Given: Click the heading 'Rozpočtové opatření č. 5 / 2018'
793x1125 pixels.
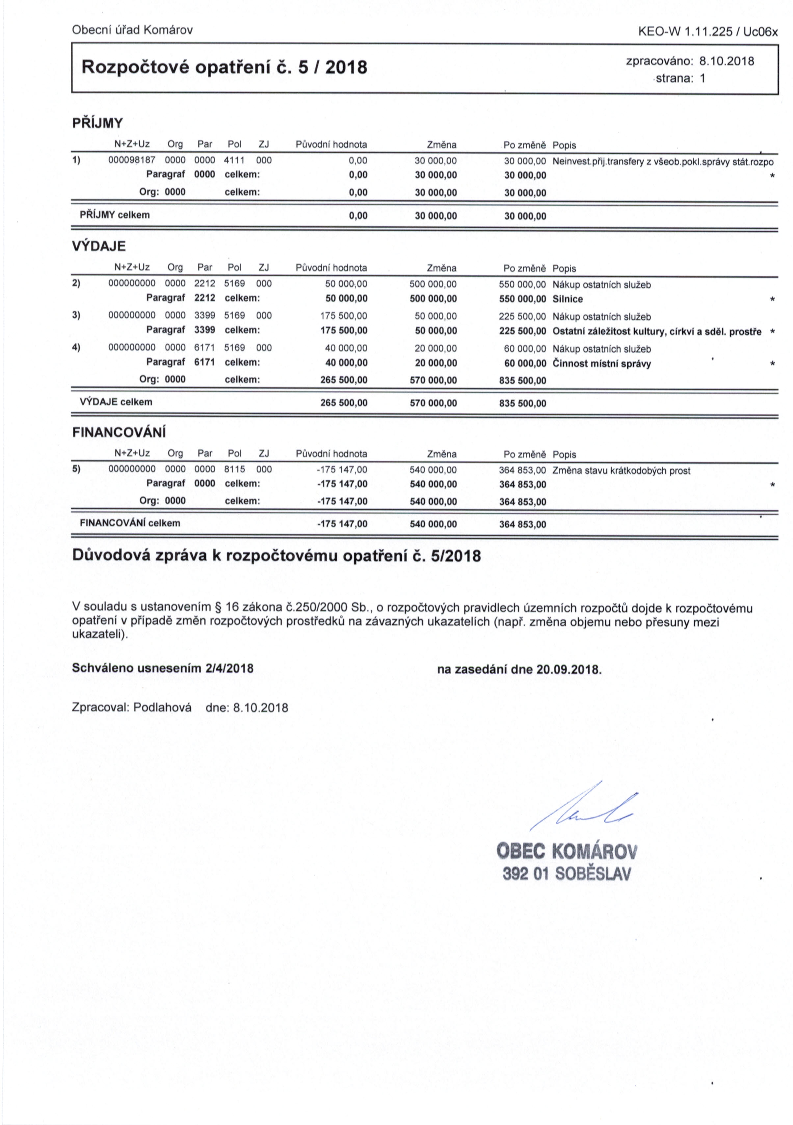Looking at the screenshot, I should pos(224,67).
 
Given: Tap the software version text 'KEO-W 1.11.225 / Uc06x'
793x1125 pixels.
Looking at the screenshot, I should pos(708,32).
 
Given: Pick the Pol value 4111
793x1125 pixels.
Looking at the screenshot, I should pos(234,160).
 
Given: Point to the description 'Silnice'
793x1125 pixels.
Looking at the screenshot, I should pos(568,299).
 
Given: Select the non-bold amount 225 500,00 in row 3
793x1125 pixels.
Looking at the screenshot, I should pos(522,316).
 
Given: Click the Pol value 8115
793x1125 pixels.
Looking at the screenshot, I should pos(234,469).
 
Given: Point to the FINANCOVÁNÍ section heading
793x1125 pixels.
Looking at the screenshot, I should pos(119,433).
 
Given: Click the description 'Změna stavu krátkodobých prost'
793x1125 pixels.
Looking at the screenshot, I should pos(621,471).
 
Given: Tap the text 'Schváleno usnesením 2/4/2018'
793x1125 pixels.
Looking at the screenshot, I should pos(163,668).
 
